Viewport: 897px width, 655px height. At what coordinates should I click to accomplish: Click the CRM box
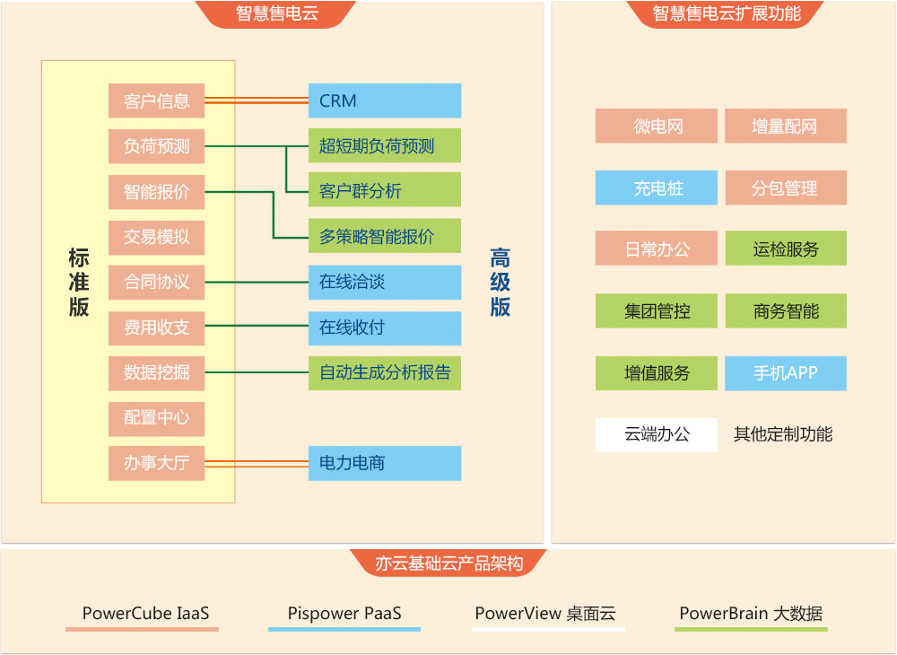tap(384, 100)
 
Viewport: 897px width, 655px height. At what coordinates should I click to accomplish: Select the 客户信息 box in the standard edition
tap(157, 100)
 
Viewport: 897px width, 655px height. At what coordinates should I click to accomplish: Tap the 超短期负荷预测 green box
tap(384, 145)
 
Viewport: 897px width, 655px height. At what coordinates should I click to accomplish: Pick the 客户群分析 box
tap(384, 190)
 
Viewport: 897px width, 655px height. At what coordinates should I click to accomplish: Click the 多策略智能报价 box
tap(384, 236)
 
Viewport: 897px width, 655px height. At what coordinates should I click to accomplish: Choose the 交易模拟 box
tap(157, 237)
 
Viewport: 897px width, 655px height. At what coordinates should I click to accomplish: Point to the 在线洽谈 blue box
tap(384, 282)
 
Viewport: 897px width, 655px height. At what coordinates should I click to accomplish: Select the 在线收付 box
tap(384, 327)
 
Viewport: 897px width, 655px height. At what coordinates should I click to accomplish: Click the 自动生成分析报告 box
tap(384, 372)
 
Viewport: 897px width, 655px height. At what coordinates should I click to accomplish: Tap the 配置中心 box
tap(157, 418)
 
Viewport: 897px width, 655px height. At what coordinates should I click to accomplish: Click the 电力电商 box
tap(384, 463)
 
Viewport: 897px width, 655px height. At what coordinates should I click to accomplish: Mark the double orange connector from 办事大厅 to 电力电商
tap(257, 463)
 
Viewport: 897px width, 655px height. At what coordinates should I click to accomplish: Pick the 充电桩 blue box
tap(657, 188)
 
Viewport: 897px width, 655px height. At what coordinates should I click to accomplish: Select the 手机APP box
tap(786, 373)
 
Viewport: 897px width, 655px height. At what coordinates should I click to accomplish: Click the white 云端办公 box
tap(657, 434)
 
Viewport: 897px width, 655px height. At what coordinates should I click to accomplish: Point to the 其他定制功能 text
tap(783, 434)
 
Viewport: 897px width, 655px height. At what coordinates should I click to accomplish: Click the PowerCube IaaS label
tap(145, 614)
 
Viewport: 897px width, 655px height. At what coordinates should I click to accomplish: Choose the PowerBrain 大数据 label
tap(751, 614)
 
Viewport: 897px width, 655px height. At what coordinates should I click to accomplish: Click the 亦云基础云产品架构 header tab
tap(448, 563)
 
